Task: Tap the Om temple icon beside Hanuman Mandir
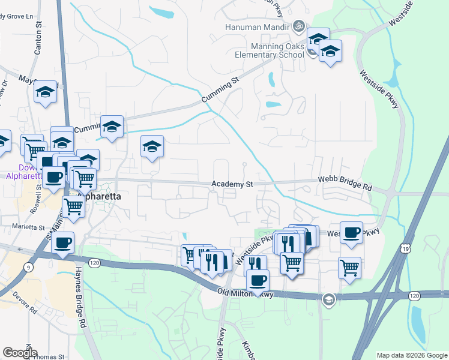[x=296, y=26]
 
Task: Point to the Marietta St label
[x=29, y=227]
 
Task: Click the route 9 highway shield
[x=28, y=267]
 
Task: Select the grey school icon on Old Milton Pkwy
[x=328, y=299]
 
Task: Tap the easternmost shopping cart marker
[x=349, y=267]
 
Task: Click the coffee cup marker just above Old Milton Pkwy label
[x=258, y=280]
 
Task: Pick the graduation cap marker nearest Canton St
[x=45, y=92]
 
